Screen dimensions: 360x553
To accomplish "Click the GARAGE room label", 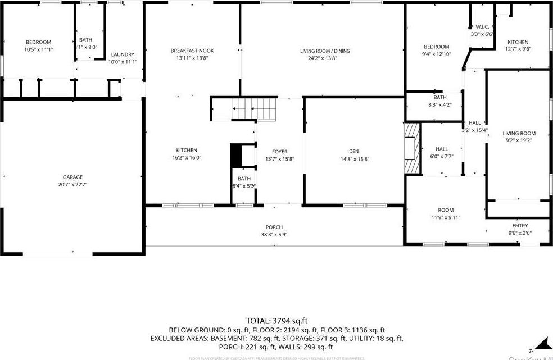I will (x=72, y=177).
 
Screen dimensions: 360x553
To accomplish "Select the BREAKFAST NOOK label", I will (x=192, y=51).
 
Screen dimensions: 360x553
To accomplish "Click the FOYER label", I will (x=280, y=151).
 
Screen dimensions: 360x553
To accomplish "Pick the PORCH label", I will (x=274, y=227).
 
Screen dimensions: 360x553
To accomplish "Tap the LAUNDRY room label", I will (x=123, y=54).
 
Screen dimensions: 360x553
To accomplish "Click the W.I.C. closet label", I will (x=482, y=27).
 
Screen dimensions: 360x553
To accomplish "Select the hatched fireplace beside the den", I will (x=413, y=148).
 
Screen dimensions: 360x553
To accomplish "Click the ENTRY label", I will (x=520, y=226).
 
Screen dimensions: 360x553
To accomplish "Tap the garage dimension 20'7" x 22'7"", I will (x=72, y=184).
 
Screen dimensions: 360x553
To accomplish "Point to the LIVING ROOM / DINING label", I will (x=325, y=51).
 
